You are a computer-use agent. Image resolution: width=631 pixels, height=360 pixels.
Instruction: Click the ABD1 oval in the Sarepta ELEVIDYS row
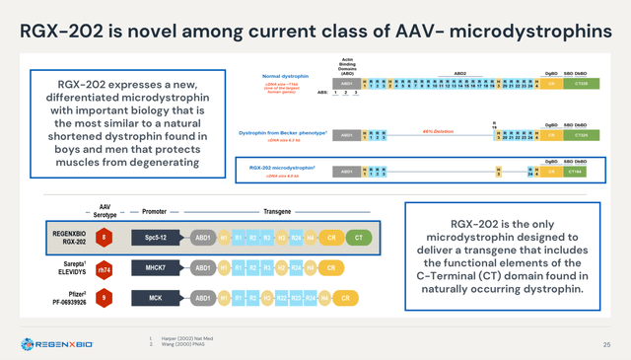point(202,267)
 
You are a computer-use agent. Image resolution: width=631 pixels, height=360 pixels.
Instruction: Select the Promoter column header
point(154,211)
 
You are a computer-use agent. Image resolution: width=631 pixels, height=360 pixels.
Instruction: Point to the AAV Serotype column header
point(105,210)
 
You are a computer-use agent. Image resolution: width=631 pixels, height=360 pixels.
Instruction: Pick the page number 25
point(605,343)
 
